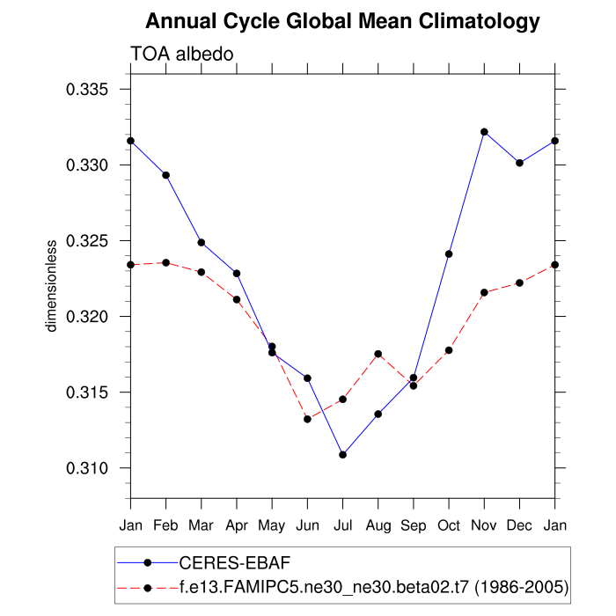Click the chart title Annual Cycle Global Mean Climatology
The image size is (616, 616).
point(342,20)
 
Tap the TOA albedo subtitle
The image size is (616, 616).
point(181,55)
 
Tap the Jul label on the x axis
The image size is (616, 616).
point(342,525)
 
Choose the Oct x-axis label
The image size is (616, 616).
point(449,525)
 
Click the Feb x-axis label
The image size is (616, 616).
point(165,525)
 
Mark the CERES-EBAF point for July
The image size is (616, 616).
point(342,455)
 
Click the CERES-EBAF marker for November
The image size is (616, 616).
point(484,132)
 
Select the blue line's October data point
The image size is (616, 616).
point(449,253)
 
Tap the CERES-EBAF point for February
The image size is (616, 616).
point(165,175)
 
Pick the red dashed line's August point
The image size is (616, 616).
point(378,354)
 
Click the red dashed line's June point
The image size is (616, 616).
point(307,419)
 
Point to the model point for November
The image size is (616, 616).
point(484,292)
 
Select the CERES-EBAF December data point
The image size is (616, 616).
point(519,163)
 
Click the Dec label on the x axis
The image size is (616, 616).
point(519,525)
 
